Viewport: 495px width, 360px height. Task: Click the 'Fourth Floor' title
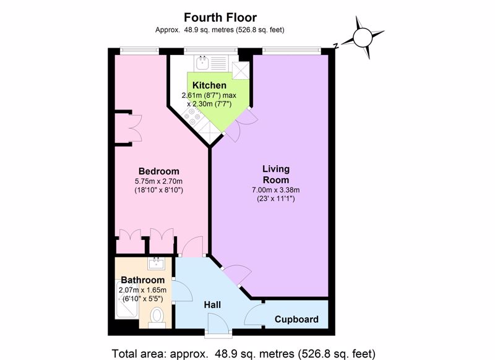220,17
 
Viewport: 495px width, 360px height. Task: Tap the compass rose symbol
363,38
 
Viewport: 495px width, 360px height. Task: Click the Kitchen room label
209,85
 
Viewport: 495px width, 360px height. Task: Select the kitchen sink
202,62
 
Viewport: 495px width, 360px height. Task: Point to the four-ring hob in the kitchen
192,116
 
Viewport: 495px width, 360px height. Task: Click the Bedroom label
159,171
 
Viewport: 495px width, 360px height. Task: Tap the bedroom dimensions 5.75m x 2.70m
159,181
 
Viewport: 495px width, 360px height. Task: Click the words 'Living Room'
276,174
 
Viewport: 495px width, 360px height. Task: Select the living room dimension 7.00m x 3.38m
275,190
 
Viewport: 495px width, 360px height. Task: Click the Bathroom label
143,280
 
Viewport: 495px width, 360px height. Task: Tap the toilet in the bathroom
157,316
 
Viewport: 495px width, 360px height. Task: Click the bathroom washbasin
156,264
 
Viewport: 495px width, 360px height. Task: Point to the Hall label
212,305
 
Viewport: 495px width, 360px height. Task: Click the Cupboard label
296,319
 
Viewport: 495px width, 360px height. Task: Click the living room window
291,50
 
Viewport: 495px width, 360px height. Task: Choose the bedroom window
139,50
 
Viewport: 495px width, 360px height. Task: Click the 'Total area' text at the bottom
244,353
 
